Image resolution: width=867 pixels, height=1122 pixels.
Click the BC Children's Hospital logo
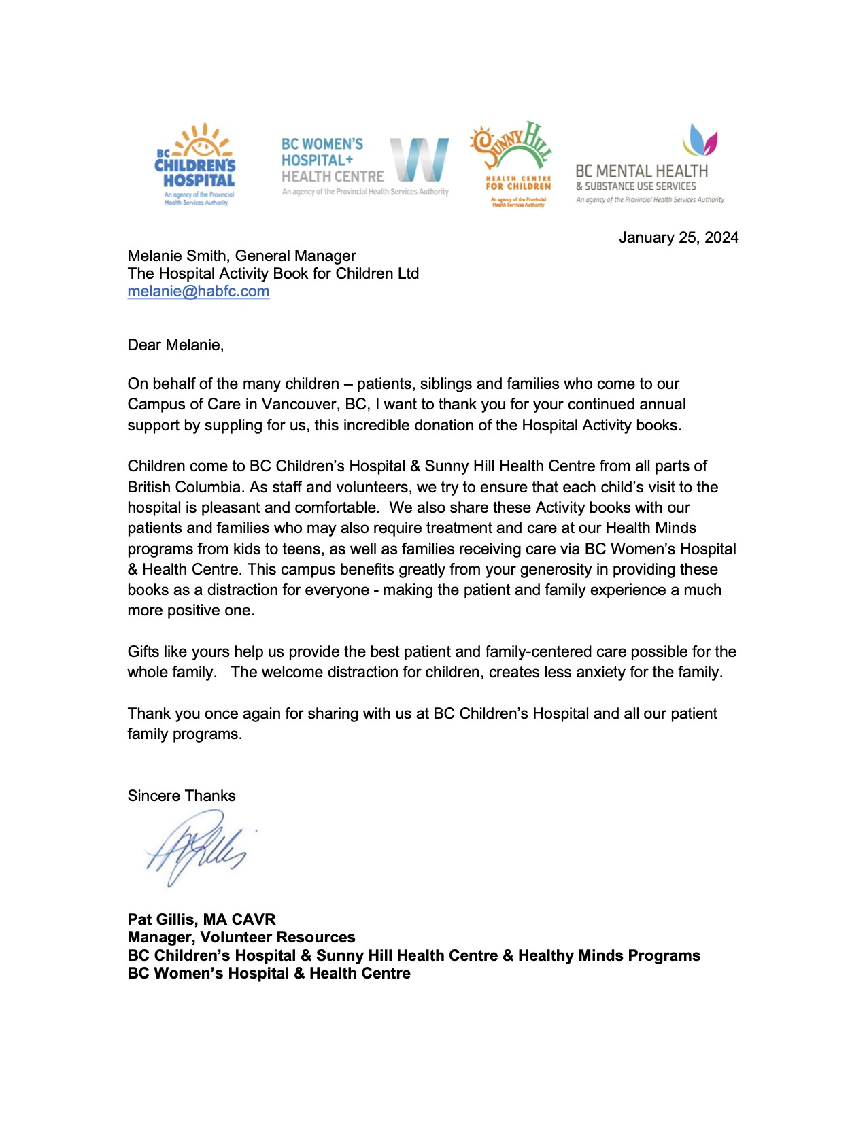(x=196, y=165)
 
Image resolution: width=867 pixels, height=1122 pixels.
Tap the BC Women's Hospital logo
(x=365, y=166)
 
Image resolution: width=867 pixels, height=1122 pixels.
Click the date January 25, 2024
(x=678, y=237)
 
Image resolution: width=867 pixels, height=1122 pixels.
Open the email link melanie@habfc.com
(x=199, y=292)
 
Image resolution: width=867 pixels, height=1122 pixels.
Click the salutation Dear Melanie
(x=175, y=345)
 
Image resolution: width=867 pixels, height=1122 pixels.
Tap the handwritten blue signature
(x=197, y=849)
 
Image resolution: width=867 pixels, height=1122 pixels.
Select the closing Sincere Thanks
(x=182, y=796)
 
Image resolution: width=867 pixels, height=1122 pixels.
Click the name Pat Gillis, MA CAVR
(x=201, y=920)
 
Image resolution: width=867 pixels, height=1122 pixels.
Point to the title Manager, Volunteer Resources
(x=241, y=938)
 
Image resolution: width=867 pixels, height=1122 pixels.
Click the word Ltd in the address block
(x=407, y=274)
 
